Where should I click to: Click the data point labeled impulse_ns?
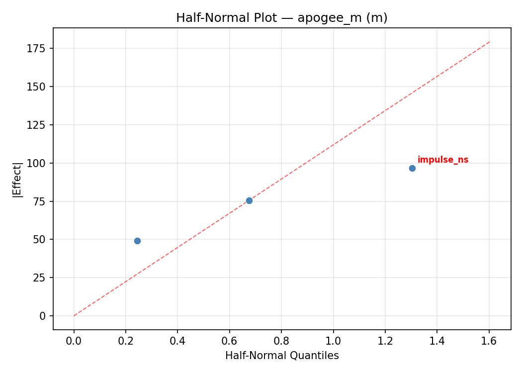tap(412, 168)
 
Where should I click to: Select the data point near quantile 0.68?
tap(249, 200)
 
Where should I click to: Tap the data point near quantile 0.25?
tap(137, 241)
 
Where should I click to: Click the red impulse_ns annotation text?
tap(442, 160)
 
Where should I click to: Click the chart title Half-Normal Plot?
tap(281, 18)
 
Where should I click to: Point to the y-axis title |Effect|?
tap(18, 180)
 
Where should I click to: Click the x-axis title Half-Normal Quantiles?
tap(282, 356)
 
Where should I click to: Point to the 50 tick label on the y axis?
tap(40, 240)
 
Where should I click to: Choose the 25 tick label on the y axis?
tap(40, 278)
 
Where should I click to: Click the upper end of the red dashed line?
tap(489, 42)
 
